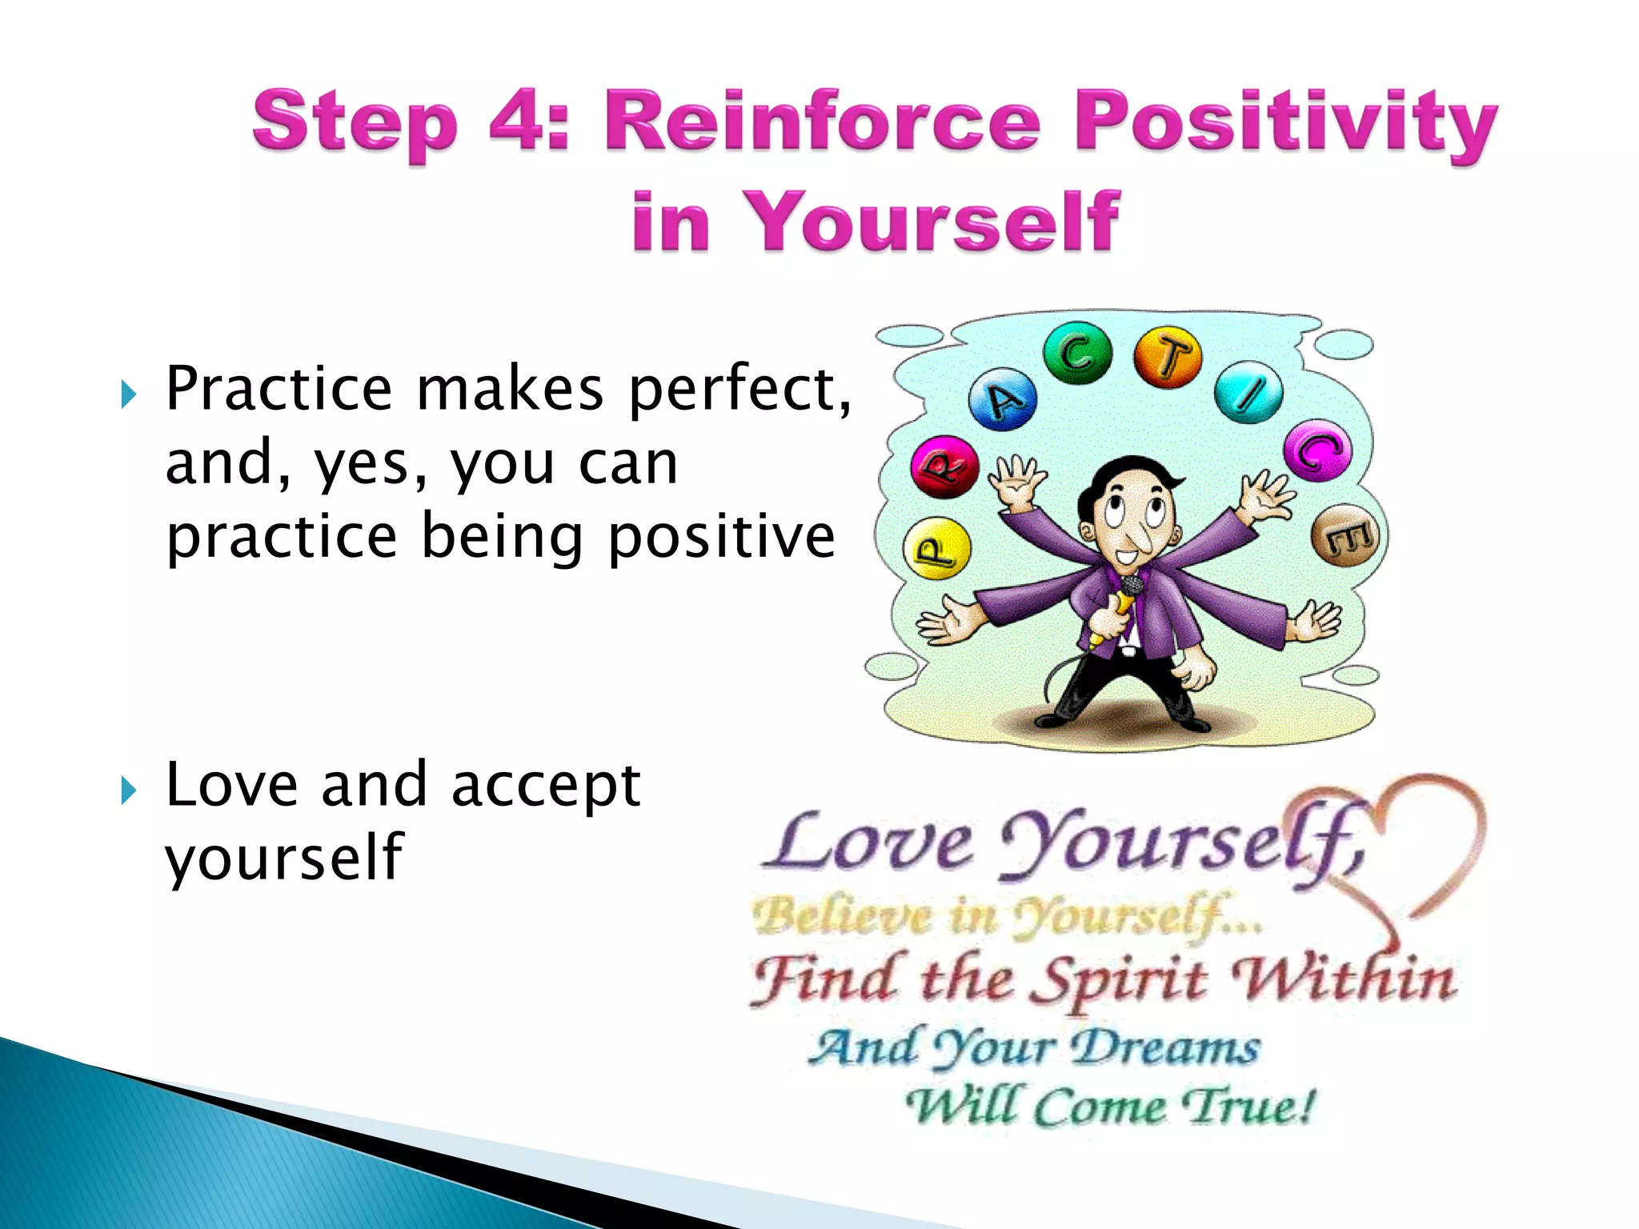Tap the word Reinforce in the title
tap(820, 122)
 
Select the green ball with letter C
tap(1077, 353)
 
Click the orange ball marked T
tap(1168, 357)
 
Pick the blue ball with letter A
tap(1002, 400)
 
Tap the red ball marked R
tap(944, 466)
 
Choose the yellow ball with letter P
tap(936, 550)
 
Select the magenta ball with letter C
tap(1317, 450)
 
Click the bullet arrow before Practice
tap(128, 394)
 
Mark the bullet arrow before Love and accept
tap(128, 791)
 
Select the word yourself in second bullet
tap(284, 858)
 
